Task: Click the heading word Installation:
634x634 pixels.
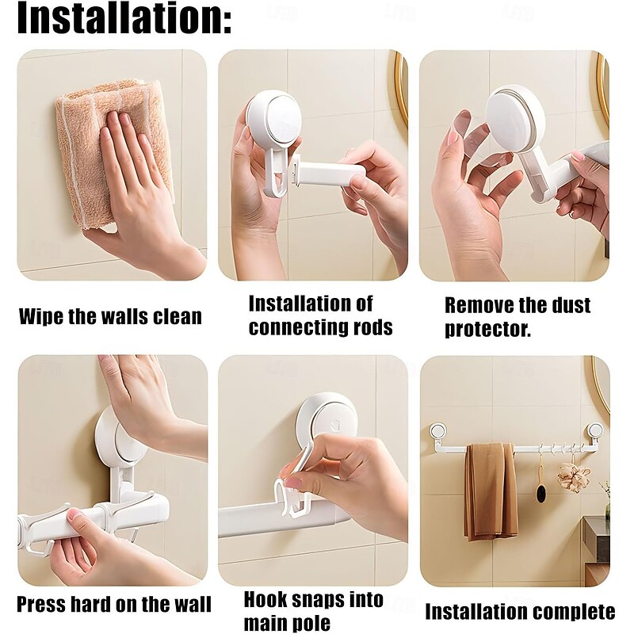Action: pyautogui.click(x=124, y=18)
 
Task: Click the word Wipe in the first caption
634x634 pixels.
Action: pyautogui.click(x=42, y=316)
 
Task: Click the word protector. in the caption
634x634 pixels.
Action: pyautogui.click(x=487, y=330)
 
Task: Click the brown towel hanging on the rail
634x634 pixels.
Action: pyautogui.click(x=491, y=492)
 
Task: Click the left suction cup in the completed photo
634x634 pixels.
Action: pyautogui.click(x=437, y=431)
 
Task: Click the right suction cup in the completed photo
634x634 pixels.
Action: pyautogui.click(x=595, y=430)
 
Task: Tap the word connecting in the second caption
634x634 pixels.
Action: pyautogui.click(x=296, y=327)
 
